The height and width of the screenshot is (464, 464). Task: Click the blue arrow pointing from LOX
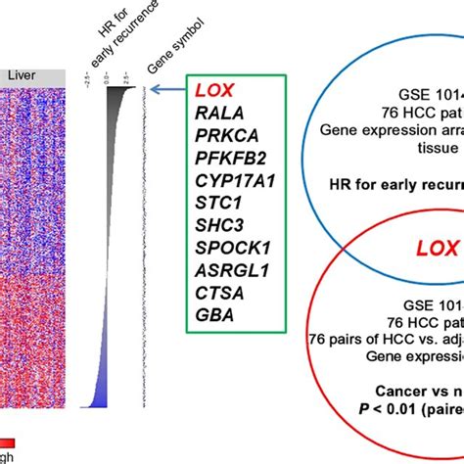point(169,87)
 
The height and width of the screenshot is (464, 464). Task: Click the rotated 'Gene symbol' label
point(151,43)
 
